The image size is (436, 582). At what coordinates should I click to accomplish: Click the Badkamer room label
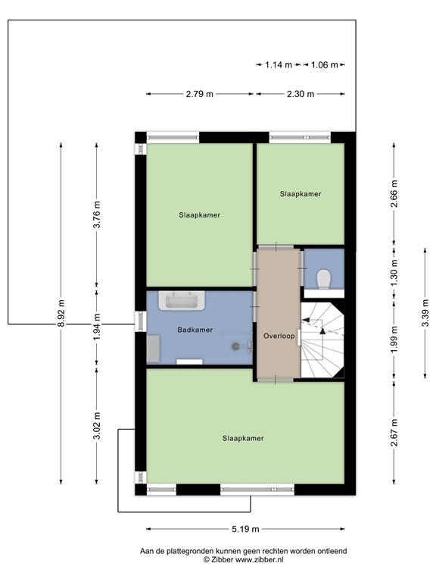point(195,330)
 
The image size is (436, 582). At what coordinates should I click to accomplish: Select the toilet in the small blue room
point(323,278)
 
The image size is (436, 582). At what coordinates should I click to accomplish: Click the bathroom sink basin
point(182,302)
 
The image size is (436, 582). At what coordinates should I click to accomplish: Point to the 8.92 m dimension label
point(61,312)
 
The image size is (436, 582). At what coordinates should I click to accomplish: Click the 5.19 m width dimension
point(246,529)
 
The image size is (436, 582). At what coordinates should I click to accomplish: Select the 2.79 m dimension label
point(200,94)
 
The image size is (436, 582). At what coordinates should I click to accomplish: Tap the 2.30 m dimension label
point(301,94)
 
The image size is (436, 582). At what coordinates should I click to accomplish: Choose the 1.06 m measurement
point(323,65)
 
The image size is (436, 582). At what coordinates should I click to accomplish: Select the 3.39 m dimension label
point(426,314)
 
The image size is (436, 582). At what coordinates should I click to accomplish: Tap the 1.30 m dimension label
point(394,268)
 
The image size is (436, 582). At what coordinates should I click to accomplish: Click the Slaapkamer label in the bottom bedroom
point(243,438)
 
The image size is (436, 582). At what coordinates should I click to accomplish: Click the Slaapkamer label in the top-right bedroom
point(301,194)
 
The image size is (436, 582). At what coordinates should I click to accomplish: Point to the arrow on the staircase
point(322,326)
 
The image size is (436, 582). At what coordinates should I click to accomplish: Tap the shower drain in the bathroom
point(243,345)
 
